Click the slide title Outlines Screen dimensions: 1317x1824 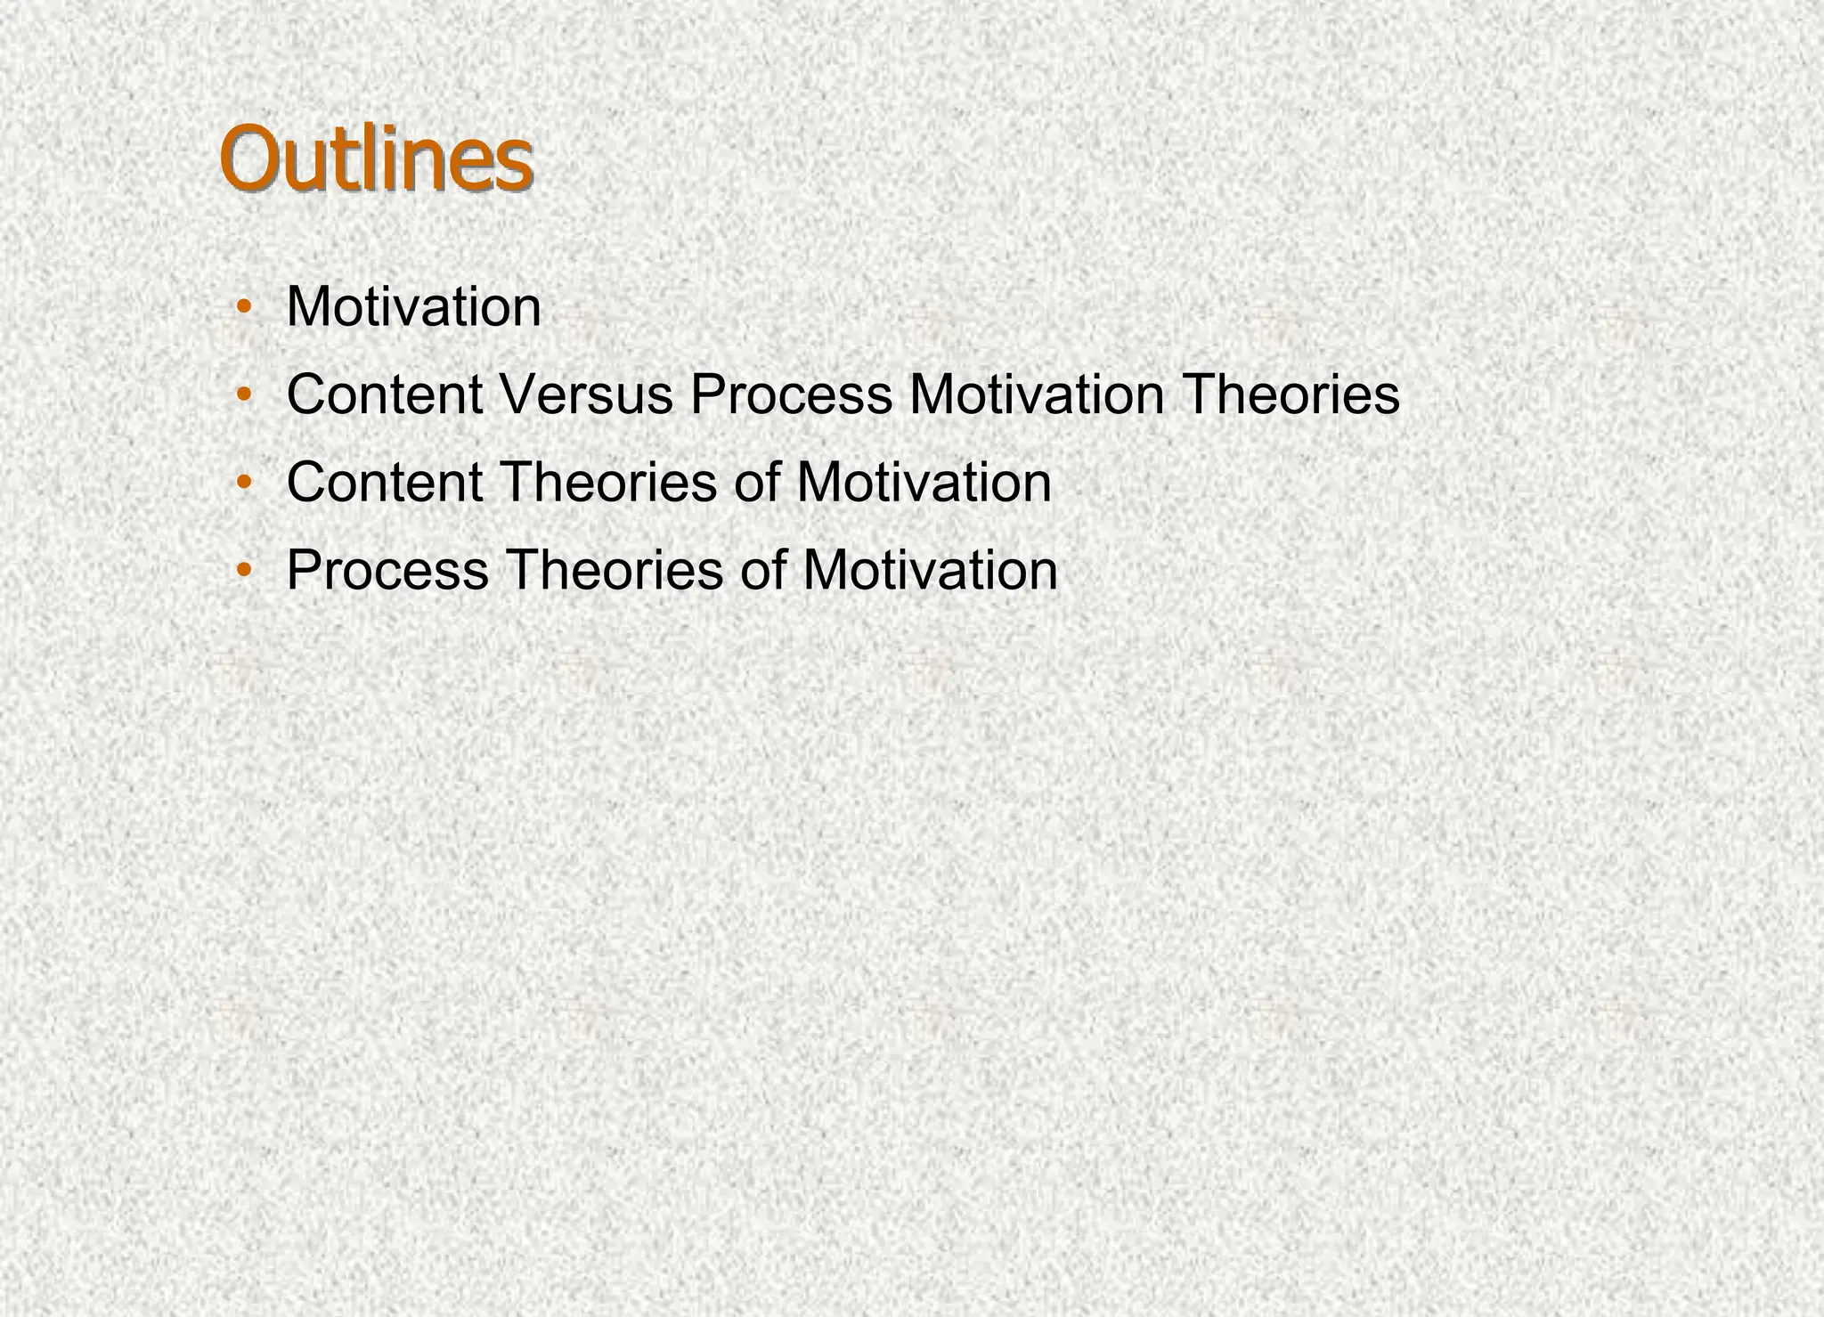tap(376, 160)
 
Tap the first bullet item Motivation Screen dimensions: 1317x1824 tap(413, 307)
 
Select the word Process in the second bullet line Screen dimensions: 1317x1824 tap(791, 394)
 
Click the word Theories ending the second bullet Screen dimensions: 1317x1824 tap(1291, 394)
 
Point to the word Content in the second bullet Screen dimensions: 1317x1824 tap(385, 394)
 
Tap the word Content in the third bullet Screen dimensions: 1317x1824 tap(385, 483)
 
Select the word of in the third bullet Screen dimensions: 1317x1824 tap(757, 483)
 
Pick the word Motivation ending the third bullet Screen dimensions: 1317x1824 tap(924, 483)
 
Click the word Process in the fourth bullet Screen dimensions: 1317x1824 tap(387, 570)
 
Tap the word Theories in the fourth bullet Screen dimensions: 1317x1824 tap(615, 570)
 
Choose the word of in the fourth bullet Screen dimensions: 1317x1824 tap(762, 570)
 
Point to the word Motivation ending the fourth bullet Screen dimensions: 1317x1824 tap(930, 570)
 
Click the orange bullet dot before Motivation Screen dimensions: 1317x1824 tap(243, 309)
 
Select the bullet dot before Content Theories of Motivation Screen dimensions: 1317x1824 tap(243, 484)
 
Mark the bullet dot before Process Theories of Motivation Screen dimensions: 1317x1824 tap(243, 572)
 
